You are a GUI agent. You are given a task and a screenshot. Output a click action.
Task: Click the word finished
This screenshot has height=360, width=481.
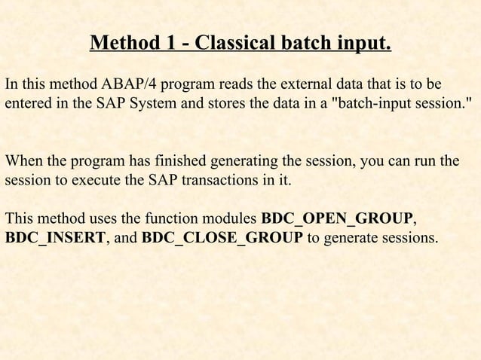click(x=182, y=160)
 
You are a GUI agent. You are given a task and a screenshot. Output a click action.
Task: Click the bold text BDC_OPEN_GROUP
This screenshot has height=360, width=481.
click(x=336, y=219)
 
